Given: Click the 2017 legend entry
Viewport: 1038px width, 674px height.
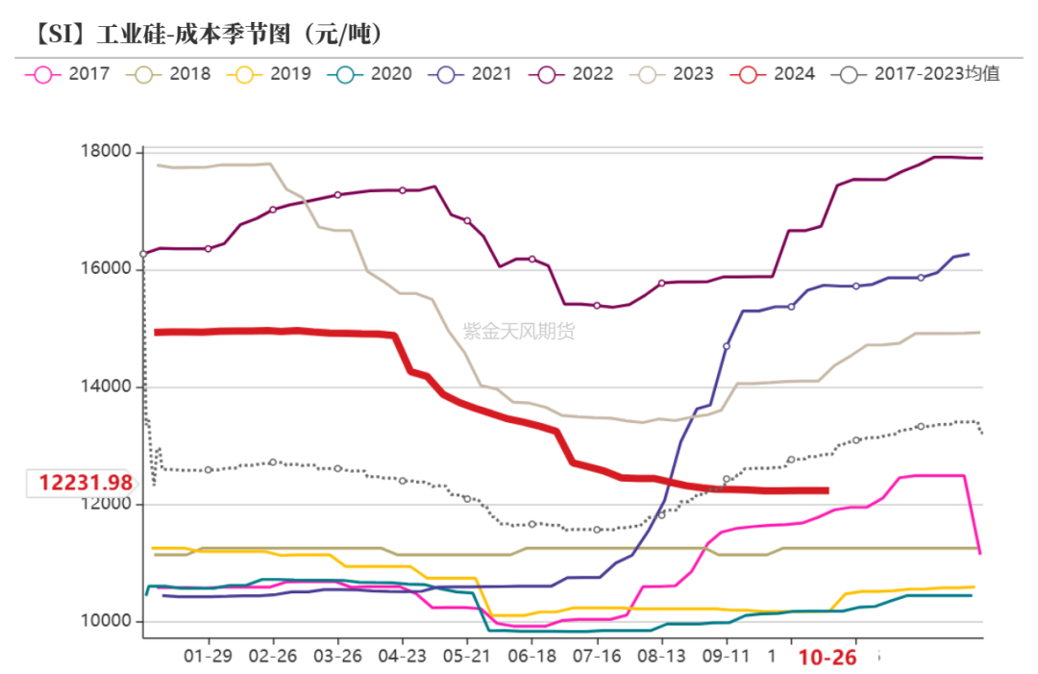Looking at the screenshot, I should click(71, 73).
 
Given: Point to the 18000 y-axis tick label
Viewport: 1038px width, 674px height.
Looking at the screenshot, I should click(105, 152).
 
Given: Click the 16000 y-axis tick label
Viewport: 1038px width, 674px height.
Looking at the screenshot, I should click(105, 270).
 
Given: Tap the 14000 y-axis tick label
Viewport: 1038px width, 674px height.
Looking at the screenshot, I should click(105, 387).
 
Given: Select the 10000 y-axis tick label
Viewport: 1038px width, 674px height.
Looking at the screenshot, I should click(105, 622).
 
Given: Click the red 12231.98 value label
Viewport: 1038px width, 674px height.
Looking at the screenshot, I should click(85, 483).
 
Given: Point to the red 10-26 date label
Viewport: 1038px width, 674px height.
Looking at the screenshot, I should click(828, 657).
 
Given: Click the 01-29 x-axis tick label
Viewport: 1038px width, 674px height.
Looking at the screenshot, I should click(209, 656).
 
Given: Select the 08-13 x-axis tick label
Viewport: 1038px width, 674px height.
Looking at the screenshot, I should click(661, 656).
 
